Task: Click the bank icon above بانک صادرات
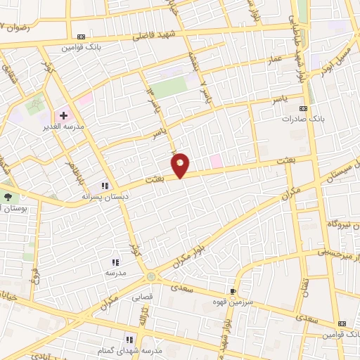[x=303, y=108]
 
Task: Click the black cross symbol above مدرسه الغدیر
[x=63, y=115]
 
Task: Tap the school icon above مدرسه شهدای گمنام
[x=129, y=340]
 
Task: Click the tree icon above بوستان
[x=8, y=198]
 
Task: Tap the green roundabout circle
[x=152, y=276]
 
